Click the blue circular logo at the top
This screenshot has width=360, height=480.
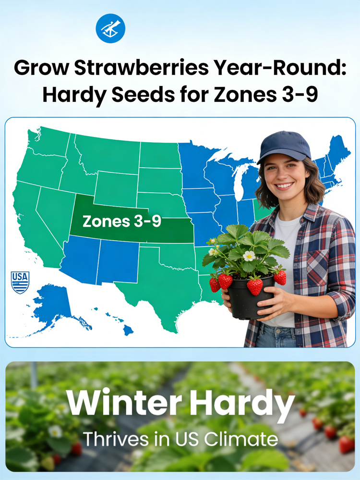tap(110, 28)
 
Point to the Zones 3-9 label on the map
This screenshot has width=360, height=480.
tap(122, 222)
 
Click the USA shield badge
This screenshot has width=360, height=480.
tap(20, 282)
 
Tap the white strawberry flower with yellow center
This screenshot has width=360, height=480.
tap(249, 256)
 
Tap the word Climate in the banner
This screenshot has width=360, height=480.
tap(241, 439)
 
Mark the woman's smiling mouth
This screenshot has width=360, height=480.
tap(284, 185)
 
